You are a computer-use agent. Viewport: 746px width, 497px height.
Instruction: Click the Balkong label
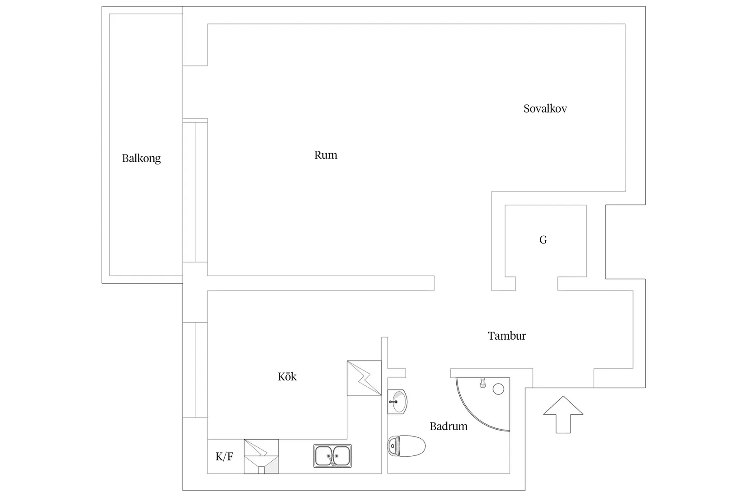141,159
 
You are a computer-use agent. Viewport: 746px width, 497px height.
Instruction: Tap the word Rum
326,155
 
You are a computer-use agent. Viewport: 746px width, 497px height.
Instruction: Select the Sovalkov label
545,108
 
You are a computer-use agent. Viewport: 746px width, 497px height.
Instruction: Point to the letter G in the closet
543,239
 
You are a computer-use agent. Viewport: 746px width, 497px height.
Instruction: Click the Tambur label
506,336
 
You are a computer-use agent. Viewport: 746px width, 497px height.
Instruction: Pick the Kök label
287,376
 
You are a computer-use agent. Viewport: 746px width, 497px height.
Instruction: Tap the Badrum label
448,427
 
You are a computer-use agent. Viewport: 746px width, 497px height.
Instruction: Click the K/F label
224,456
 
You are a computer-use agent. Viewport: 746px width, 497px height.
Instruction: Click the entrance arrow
563,414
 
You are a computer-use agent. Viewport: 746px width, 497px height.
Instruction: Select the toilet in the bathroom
406,446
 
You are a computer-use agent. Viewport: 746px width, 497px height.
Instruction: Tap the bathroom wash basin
397,402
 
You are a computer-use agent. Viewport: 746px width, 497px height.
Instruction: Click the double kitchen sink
332,456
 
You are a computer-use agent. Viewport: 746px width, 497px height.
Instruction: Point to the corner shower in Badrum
483,404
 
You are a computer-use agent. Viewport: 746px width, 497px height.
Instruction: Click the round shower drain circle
498,389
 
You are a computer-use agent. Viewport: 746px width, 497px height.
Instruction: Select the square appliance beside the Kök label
364,378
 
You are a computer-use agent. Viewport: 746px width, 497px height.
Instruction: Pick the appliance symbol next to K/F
261,456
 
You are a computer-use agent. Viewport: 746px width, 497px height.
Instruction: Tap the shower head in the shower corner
482,383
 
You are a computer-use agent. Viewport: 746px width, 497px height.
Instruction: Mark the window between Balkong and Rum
195,192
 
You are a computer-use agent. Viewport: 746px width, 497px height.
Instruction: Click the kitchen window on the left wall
195,370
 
